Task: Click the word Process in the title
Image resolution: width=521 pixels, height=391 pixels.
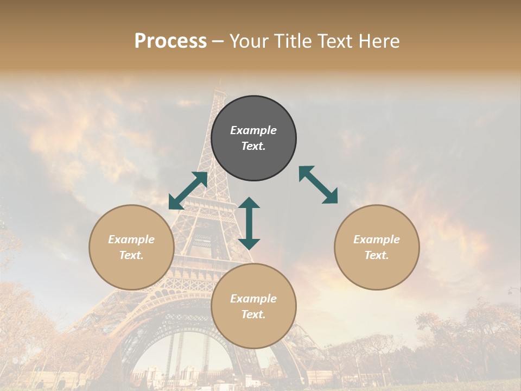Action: point(170,41)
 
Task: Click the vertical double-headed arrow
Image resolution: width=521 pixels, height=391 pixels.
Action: point(249,223)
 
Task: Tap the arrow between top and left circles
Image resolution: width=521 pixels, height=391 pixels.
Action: point(188,191)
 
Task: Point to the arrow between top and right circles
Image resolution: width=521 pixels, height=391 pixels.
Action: point(318,185)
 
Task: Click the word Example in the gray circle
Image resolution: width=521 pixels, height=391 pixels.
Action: point(253,130)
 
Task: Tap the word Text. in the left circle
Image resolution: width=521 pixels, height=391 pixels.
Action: point(131,255)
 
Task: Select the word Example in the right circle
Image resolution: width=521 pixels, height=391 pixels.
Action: point(377,239)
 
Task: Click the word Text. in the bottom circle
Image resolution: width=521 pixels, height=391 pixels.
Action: point(253,314)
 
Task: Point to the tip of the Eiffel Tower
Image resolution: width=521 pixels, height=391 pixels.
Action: point(220,81)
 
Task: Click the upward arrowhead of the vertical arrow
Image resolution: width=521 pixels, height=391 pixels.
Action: point(249,202)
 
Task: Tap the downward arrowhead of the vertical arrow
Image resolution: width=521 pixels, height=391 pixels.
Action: point(249,244)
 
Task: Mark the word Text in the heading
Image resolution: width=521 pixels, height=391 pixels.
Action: point(335,41)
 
